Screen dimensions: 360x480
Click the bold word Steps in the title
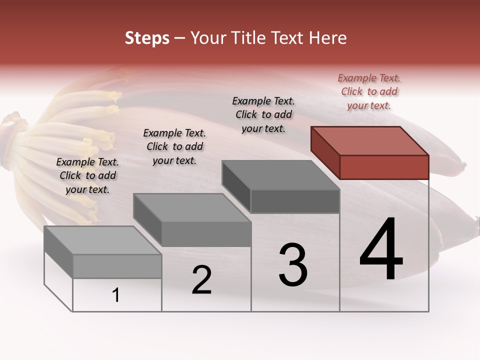pos(147,38)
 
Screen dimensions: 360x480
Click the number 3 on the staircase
pos(293,265)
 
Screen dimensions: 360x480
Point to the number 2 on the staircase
pos(201,280)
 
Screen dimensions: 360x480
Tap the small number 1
pos(116,295)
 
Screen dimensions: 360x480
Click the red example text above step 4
pos(369,91)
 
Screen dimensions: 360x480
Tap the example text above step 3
pos(263,114)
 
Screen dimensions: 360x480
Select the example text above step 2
pos(174,146)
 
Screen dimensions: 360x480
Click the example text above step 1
pos(87,175)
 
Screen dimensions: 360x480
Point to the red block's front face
pos(384,167)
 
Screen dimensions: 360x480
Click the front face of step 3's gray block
pos(295,201)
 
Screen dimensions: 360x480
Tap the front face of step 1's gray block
pos(117,266)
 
